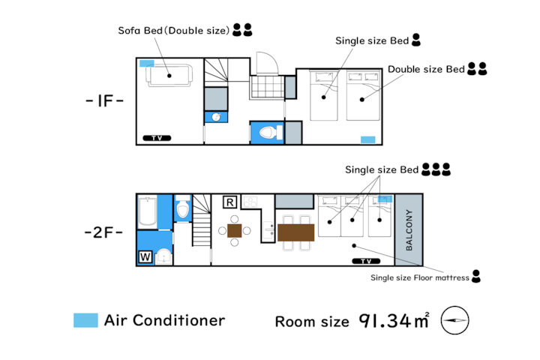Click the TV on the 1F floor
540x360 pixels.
coord(157,138)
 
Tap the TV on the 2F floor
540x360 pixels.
coord(366,261)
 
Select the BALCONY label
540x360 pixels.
coord(409,229)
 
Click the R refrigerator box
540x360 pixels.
coord(229,202)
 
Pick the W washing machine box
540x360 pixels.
coord(145,257)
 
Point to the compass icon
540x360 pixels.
coord(454,320)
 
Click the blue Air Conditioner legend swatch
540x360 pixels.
coord(85,320)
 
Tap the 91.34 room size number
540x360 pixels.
coord(385,321)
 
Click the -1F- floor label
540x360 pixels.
coord(105,100)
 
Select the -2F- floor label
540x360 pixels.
coord(103,232)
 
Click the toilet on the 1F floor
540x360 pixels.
coord(270,133)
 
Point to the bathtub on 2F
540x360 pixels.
coord(148,211)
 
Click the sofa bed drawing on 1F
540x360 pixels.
coord(169,76)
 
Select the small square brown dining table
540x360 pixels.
coord(235,231)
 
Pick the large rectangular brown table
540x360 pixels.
coord(295,232)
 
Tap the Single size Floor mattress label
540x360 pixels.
coord(420,277)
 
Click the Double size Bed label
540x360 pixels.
coord(426,69)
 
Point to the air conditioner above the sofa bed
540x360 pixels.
coord(147,64)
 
